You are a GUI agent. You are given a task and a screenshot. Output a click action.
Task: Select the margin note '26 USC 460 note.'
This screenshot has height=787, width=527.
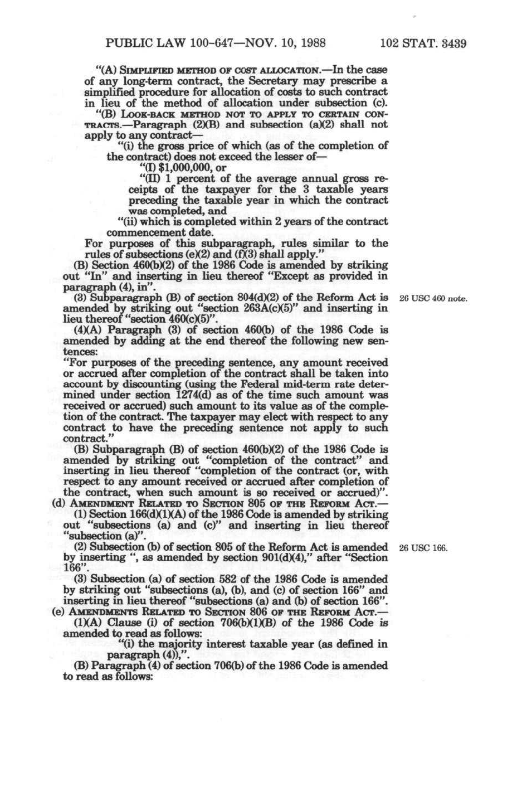pos(433,299)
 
